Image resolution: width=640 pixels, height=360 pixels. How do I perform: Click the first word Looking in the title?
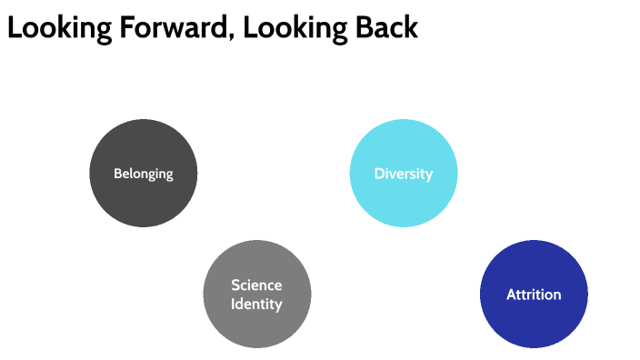[x=54, y=28]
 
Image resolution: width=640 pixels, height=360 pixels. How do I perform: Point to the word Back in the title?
[x=385, y=27]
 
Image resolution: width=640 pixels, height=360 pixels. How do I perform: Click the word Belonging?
[x=143, y=174]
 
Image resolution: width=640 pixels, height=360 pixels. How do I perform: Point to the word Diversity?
[x=404, y=174]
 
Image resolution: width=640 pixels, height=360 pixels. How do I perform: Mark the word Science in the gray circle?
[x=256, y=285]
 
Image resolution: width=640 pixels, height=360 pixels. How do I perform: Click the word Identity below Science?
[x=256, y=303]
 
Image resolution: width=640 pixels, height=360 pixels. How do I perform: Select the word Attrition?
[x=534, y=295]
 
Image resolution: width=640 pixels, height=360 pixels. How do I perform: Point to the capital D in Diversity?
[x=379, y=174]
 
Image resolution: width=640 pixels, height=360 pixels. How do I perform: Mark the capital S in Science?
[x=235, y=285]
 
